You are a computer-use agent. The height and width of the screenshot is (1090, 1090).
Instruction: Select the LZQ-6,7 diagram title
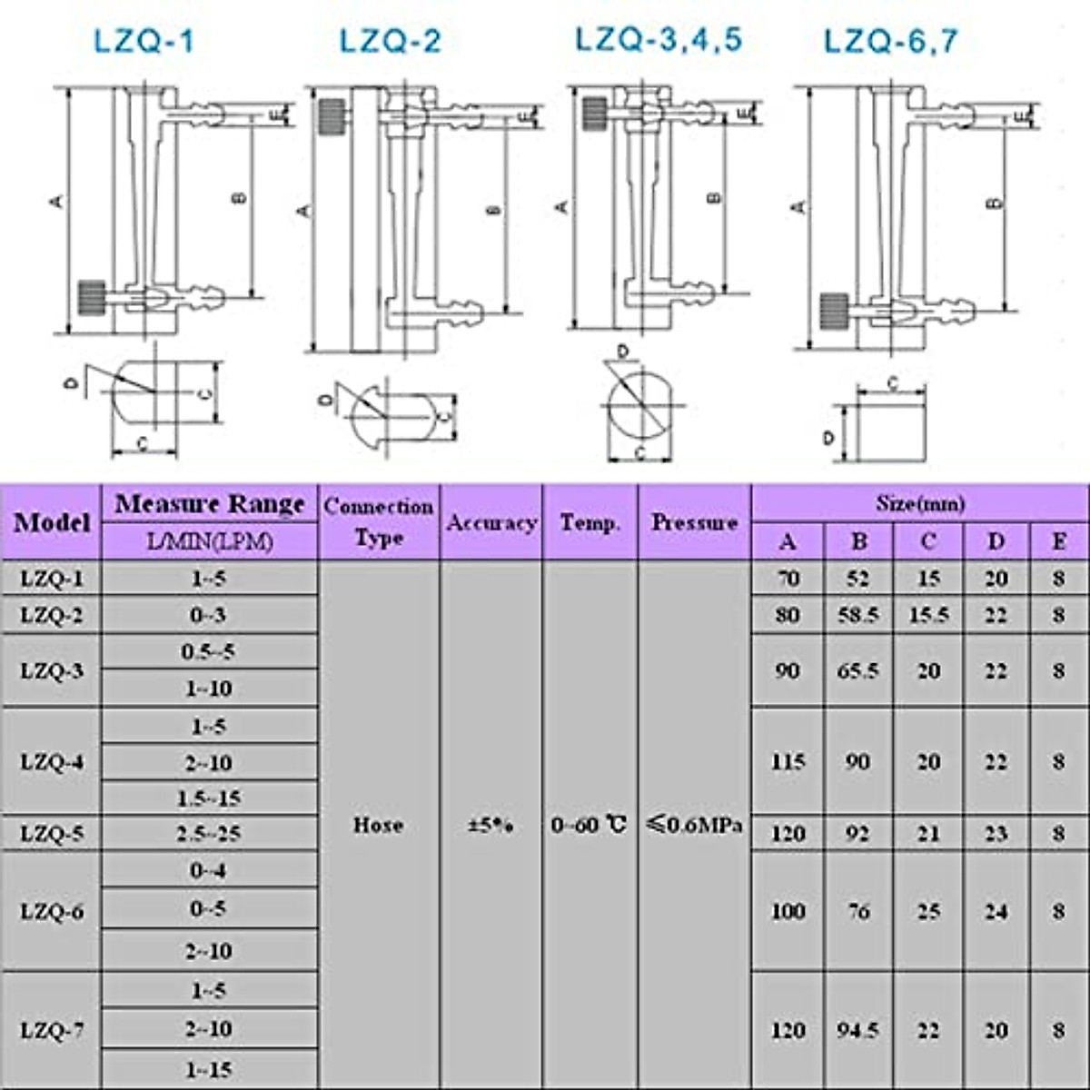pos(890,42)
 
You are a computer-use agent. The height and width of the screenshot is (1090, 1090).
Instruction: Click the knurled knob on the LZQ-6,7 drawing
pos(834,311)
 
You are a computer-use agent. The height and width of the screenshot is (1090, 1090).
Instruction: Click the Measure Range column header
pos(210,504)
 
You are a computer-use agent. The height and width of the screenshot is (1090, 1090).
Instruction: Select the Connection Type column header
pos(379,521)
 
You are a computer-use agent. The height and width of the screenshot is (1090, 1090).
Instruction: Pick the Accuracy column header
pos(491,522)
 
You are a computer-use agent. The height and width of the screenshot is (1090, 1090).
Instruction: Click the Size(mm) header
pos(919,502)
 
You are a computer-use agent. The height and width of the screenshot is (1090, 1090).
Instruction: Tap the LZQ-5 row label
pos(53,833)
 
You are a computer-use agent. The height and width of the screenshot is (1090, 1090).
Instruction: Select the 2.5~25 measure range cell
pos(209,833)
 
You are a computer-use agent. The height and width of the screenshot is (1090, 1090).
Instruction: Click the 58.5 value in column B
pos(858,615)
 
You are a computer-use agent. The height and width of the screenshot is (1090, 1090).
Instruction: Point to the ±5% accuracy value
pos(490,826)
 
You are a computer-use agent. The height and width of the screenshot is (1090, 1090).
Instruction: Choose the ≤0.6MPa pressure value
pos(694,825)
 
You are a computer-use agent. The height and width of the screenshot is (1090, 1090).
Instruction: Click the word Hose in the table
pos(378,825)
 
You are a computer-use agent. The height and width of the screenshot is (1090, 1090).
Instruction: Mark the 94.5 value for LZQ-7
pos(858,1030)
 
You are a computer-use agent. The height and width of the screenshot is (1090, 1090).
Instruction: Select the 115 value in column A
pos(788,761)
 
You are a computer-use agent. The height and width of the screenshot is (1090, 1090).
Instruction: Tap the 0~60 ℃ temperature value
pos(590,825)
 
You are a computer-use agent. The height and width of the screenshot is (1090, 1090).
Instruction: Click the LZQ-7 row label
pos(53,1030)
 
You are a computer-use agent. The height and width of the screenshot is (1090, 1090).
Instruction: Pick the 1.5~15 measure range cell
pos(209,798)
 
